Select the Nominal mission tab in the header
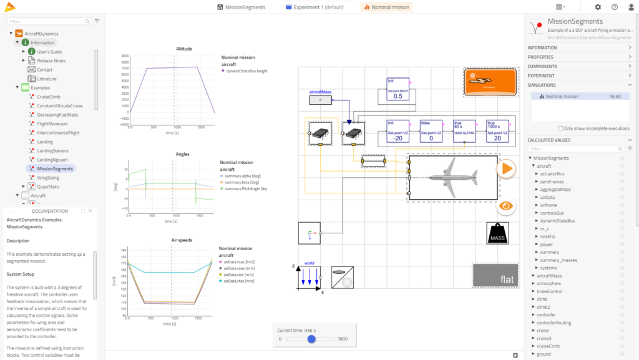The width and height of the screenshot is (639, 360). tap(386, 7)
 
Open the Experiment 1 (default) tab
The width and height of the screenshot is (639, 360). tap(315, 7)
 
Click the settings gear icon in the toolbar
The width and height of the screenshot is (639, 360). tap(598, 7)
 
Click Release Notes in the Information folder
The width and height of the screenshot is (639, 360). tap(51, 61)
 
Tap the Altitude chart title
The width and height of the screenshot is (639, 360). tap(167, 49)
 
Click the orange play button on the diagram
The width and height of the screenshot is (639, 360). tap(506, 168)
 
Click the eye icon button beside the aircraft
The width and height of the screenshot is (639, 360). tap(506, 205)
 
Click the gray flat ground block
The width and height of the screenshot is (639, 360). tap(495, 276)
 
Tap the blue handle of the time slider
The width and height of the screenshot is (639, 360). tap(311, 339)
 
